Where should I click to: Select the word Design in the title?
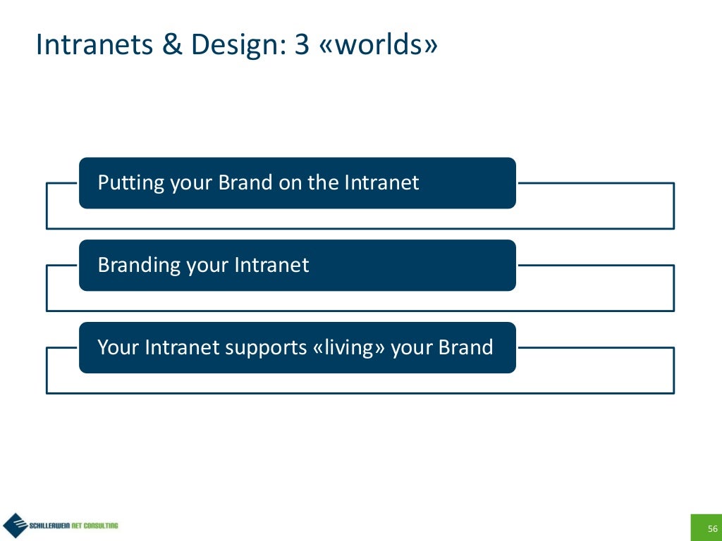point(228,45)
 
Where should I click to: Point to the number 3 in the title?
point(302,45)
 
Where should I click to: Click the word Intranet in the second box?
point(271,266)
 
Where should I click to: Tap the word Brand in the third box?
point(465,348)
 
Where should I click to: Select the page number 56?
point(712,529)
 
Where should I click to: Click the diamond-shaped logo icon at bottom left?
point(14,526)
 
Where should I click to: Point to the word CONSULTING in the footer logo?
point(100,526)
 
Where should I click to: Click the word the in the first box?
point(324,183)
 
